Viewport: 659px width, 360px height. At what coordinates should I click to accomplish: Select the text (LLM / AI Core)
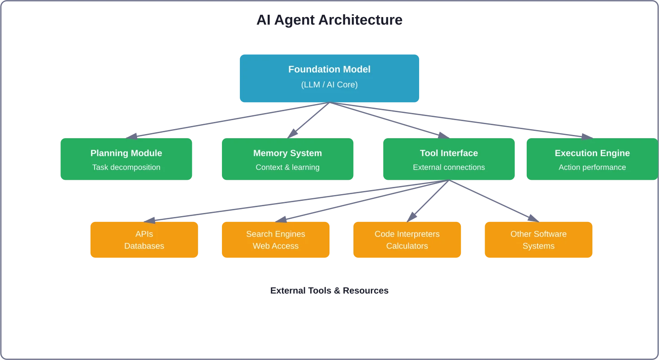pyautogui.click(x=329, y=85)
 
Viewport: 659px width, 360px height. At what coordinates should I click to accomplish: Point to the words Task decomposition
pyautogui.click(x=126, y=167)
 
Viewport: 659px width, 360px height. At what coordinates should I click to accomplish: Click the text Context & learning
pyautogui.click(x=287, y=167)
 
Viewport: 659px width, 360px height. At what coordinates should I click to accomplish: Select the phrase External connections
pyautogui.click(x=449, y=167)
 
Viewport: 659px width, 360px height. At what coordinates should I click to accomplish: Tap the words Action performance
pyautogui.click(x=592, y=167)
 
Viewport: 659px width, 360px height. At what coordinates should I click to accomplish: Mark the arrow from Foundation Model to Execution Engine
pyautogui.click(x=462, y=119)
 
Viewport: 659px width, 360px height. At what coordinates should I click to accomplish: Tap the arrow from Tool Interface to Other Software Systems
pyautogui.click(x=495, y=200)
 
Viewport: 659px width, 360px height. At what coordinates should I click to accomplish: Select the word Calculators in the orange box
pyautogui.click(x=407, y=246)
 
